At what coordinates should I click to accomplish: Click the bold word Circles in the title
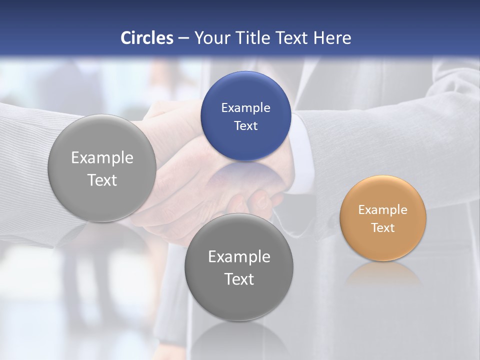[x=147, y=38]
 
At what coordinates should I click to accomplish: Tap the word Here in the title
[x=332, y=38]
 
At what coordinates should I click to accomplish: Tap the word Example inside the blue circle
[x=245, y=107]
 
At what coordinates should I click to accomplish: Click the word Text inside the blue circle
[x=245, y=125]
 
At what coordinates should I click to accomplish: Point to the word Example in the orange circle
[x=382, y=209]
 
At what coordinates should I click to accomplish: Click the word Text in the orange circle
[x=383, y=227]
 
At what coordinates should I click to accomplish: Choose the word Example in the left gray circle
[x=102, y=157]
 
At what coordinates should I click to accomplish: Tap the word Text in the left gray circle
[x=102, y=180]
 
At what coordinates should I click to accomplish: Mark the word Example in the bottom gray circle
[x=239, y=256]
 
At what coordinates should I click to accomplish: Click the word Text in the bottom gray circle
[x=239, y=279]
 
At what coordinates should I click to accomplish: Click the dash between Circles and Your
[x=183, y=38]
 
